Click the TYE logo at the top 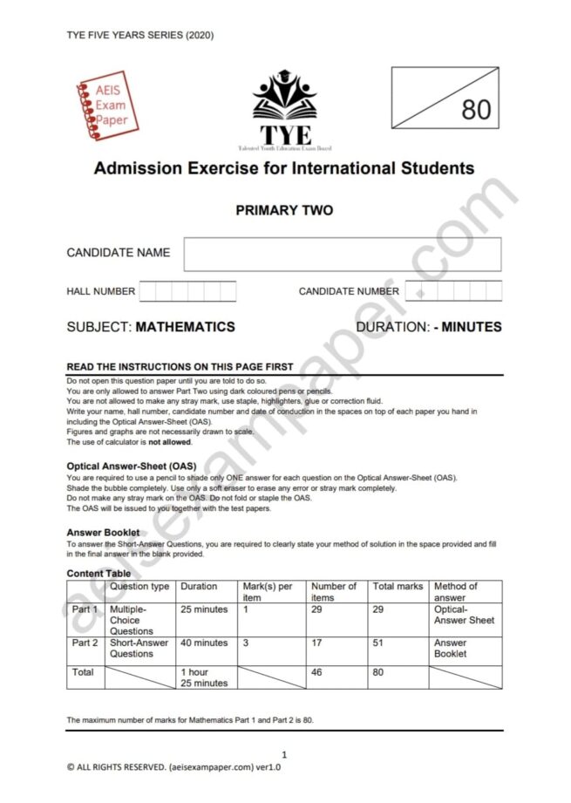pos(284,110)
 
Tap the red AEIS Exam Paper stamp pos(106,106)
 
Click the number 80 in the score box pos(475,110)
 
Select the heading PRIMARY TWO pos(284,210)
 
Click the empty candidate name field pos(342,254)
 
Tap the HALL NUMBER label pos(101,291)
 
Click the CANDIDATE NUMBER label pos(349,291)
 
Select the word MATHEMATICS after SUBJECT pos(186,327)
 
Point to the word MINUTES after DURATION pos(472,327)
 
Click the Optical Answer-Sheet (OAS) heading pos(132,466)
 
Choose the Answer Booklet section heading pos(103,532)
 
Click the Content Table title pos(99,574)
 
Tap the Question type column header pos(139,587)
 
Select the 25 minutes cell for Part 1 pos(204,609)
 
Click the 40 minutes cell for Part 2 pos(204,643)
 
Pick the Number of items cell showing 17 pos(317,643)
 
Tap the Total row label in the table pos(84,672)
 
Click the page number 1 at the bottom pos(284,754)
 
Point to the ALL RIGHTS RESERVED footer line pos(173,767)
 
